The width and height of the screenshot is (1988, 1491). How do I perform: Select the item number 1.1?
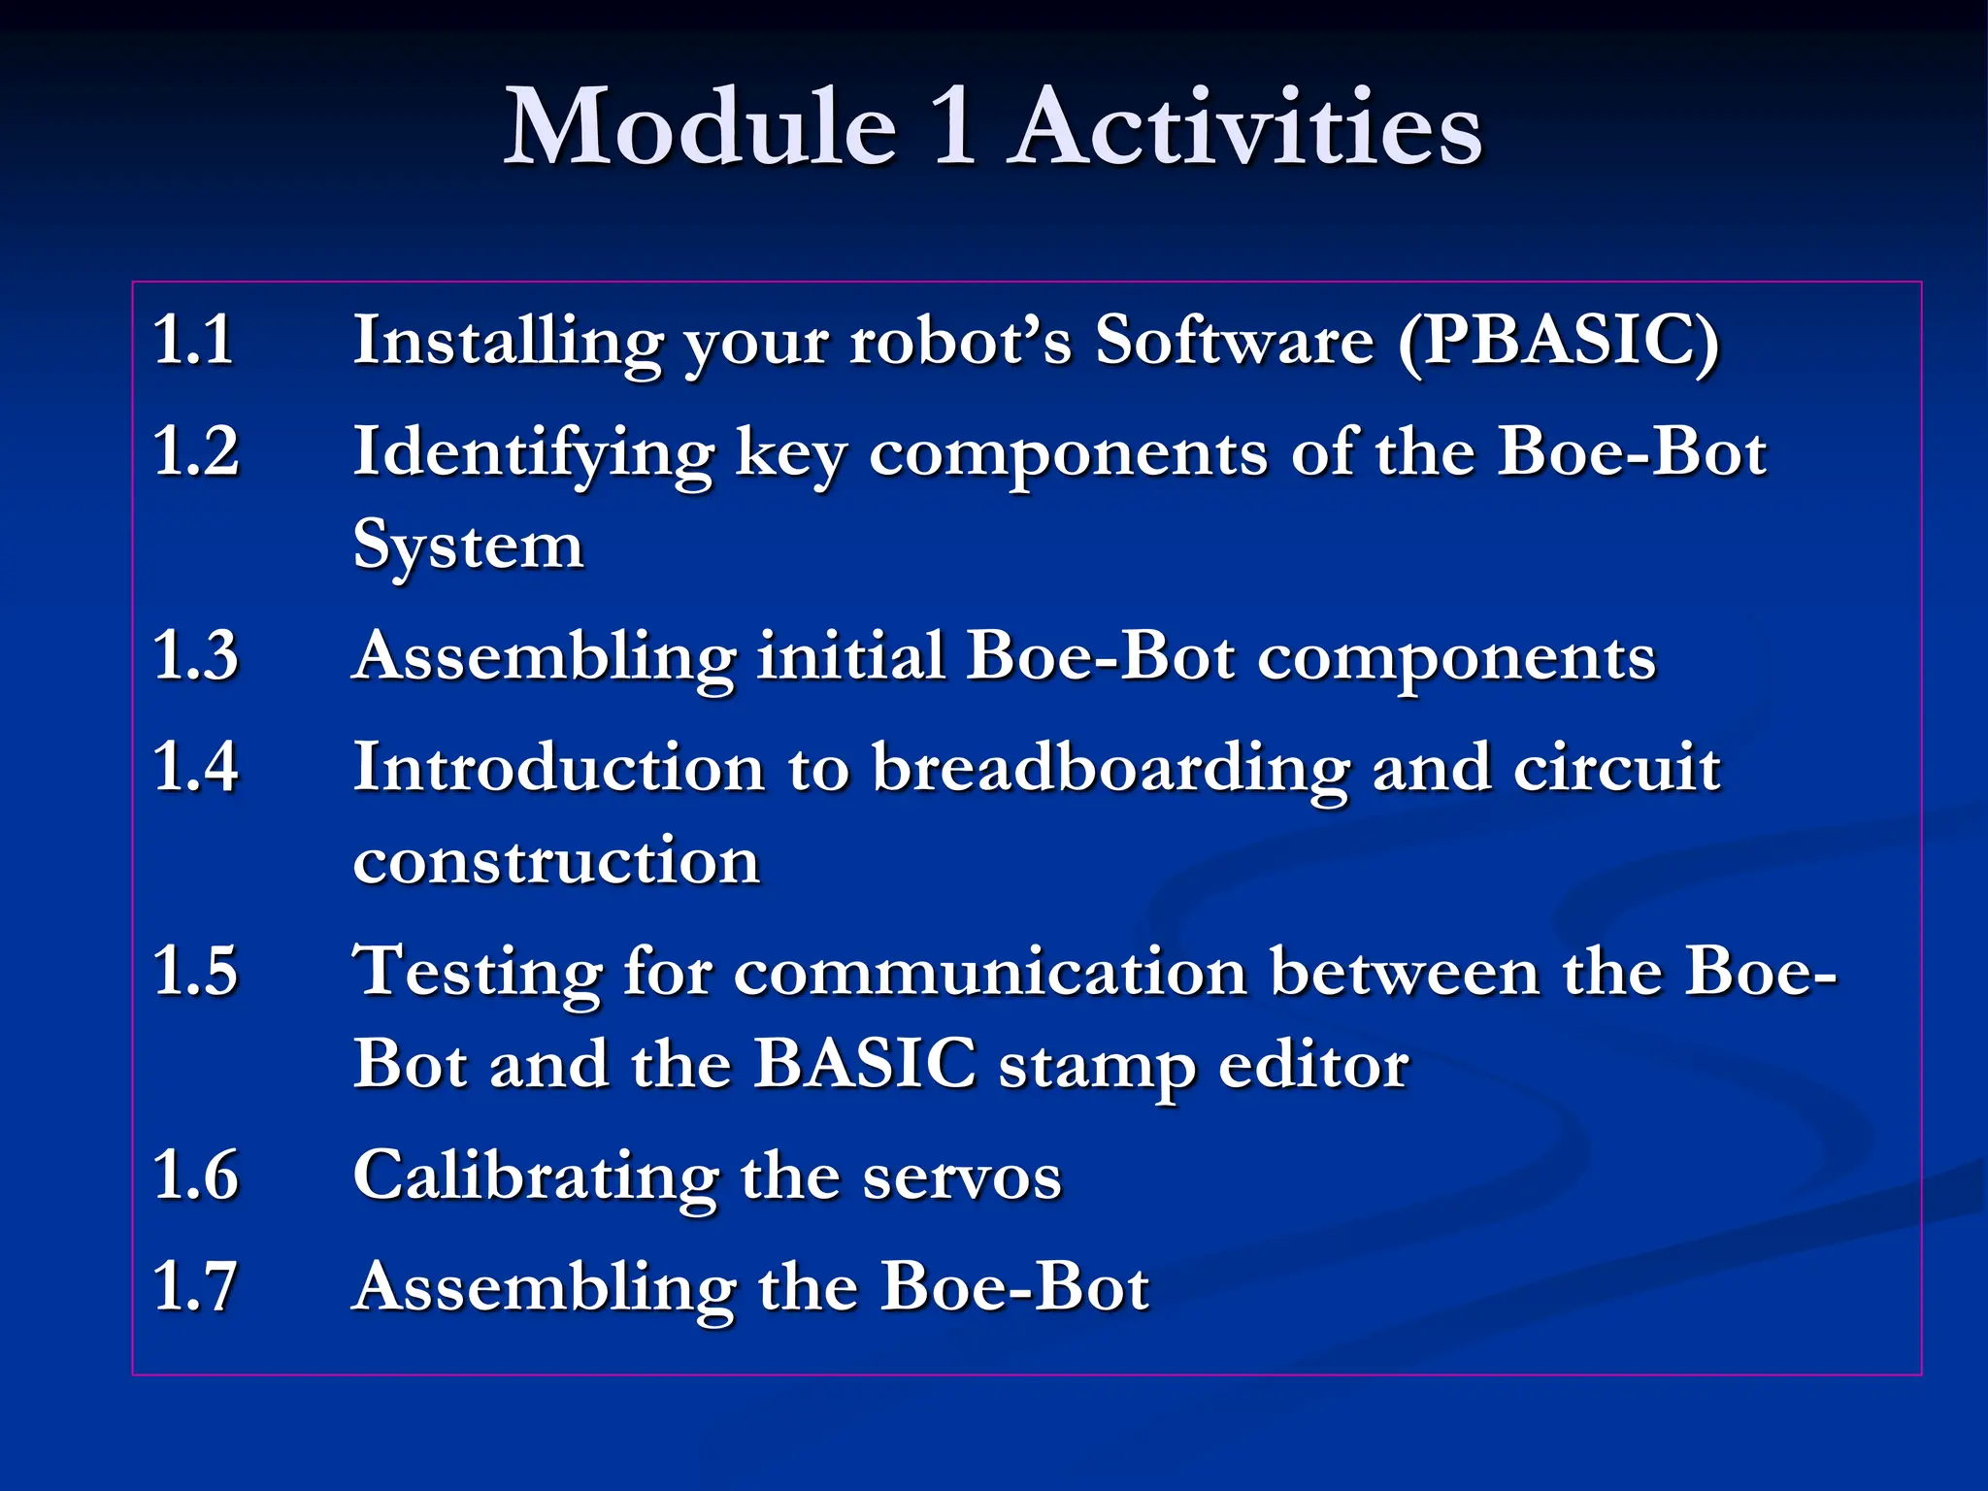pos(193,340)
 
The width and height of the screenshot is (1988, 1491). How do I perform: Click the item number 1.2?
pos(195,451)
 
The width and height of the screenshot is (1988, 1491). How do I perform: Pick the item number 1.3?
pos(195,655)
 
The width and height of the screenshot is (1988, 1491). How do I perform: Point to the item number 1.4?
pos(195,767)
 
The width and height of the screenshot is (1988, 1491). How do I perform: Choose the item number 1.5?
pos(195,971)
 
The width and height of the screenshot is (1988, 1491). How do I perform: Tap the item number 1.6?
pos(195,1176)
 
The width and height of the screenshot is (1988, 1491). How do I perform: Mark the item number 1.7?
pos(195,1287)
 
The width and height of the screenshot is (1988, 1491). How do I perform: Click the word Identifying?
pos(533,453)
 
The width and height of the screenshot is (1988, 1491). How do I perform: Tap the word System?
pos(468,547)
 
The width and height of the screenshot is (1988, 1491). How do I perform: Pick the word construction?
pos(556,862)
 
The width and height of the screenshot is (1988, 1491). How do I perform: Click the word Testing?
pos(477,973)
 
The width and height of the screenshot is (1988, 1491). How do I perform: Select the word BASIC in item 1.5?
pos(865,1064)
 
